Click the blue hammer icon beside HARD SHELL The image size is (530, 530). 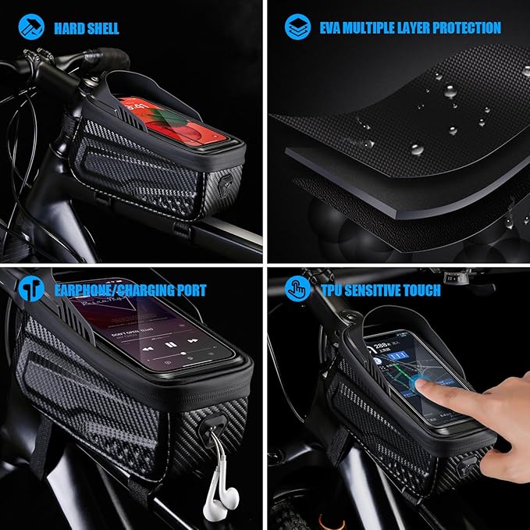click(x=29, y=27)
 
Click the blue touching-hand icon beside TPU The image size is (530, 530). click(x=296, y=290)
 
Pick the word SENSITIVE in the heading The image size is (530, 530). click(x=382, y=290)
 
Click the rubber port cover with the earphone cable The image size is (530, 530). click(x=210, y=429)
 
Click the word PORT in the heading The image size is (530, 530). click(x=187, y=290)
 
